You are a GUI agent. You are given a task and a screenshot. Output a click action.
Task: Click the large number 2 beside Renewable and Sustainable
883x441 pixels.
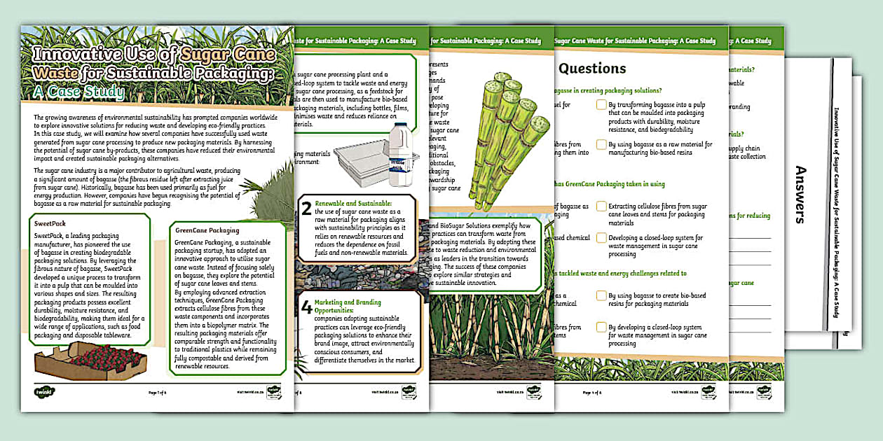[x=306, y=208]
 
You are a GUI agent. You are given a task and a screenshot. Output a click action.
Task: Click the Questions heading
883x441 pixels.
[x=592, y=69]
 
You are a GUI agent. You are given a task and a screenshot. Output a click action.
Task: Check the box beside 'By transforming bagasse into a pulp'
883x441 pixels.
[x=601, y=105]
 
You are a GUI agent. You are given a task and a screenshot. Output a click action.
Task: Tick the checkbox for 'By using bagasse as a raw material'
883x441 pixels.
[x=601, y=144]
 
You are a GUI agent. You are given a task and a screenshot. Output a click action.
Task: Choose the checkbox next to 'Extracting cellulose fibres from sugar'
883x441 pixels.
[x=601, y=206]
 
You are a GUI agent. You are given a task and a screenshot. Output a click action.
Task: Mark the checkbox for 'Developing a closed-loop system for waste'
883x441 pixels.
[x=601, y=238]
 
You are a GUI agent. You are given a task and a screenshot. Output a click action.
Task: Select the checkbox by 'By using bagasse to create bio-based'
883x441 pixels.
[x=601, y=295]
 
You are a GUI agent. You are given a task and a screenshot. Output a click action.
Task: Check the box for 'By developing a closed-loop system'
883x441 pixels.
[x=601, y=327]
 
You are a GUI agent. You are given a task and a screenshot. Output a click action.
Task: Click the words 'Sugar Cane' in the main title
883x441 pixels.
[x=224, y=55]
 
